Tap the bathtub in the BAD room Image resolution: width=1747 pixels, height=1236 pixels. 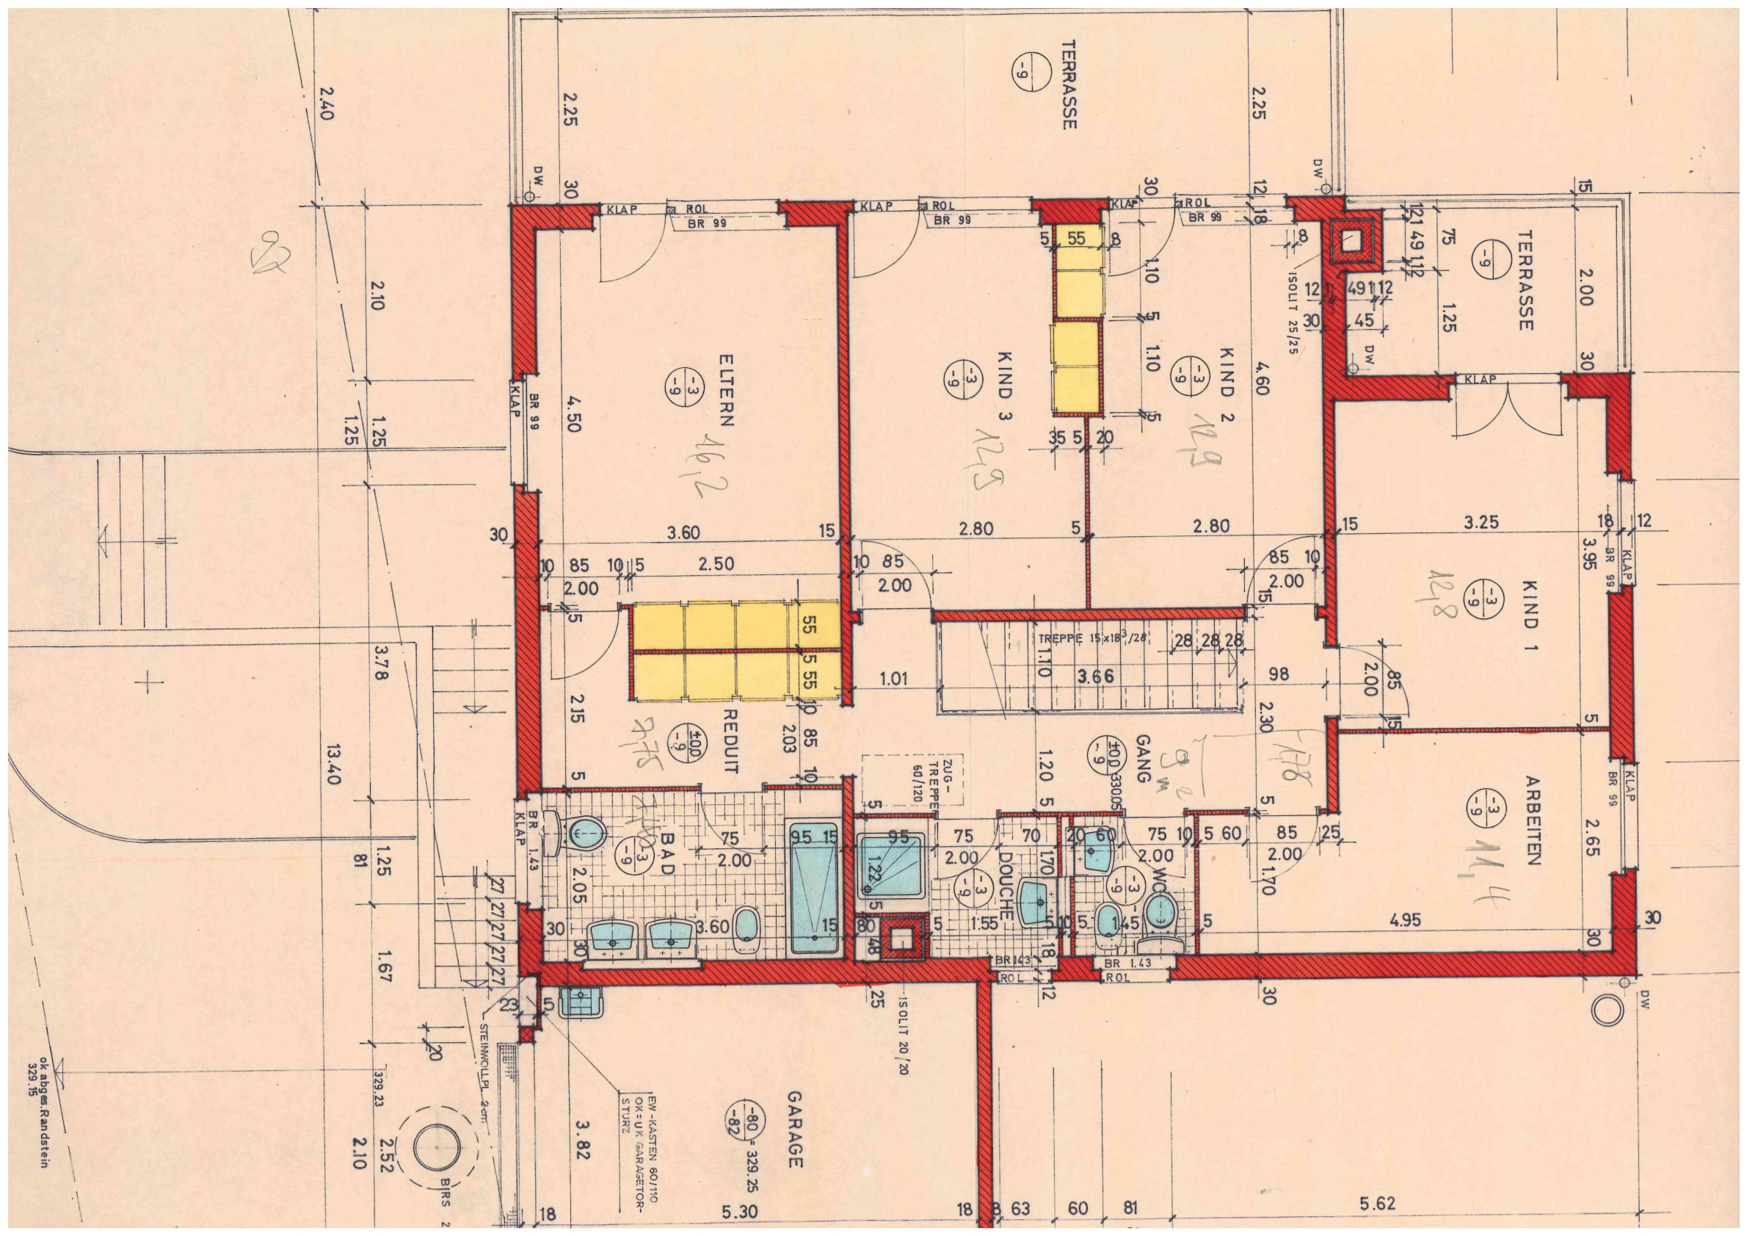(814, 887)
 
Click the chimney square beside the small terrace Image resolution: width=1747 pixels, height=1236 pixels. (1354, 242)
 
